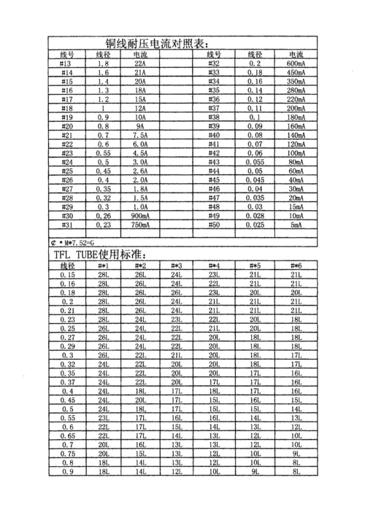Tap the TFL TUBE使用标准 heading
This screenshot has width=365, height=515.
[99, 255]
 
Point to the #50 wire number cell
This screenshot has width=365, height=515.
[214, 225]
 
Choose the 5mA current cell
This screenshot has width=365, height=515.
[296, 225]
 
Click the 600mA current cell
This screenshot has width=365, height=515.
[296, 65]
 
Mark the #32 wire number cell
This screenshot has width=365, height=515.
[214, 65]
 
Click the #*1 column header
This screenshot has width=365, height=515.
[104, 266]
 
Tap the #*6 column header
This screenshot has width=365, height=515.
[296, 266]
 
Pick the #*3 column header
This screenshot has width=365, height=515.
[176, 266]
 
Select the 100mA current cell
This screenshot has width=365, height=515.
[296, 153]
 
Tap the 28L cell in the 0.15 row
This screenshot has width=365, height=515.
[104, 275]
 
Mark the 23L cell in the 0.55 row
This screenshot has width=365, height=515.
[104, 419]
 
